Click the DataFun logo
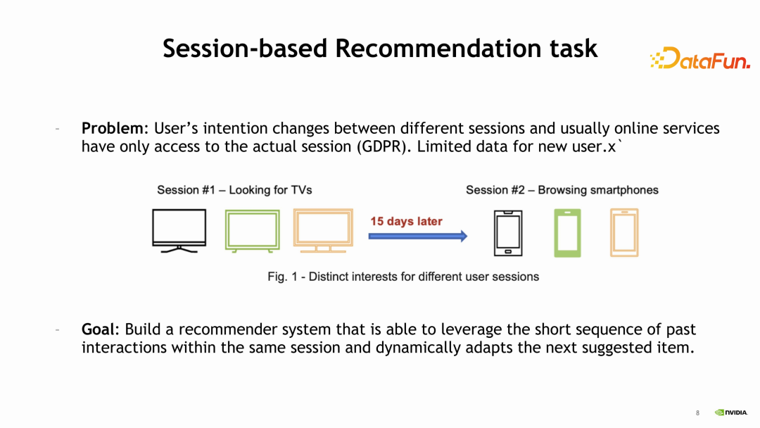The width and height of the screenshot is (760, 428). click(699, 59)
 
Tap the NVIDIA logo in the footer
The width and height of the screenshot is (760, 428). click(731, 413)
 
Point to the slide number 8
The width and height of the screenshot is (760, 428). click(697, 413)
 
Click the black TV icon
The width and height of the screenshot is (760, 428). click(179, 230)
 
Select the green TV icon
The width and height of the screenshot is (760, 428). click(251, 230)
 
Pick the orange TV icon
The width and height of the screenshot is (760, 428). click(322, 230)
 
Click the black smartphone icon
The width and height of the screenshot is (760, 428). click(507, 233)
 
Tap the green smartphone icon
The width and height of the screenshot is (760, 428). click(566, 233)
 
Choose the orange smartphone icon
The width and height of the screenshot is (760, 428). click(623, 233)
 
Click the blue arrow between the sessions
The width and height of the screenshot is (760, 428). click(418, 237)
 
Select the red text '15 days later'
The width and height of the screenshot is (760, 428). click(406, 221)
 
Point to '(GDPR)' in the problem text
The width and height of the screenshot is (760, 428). click(381, 147)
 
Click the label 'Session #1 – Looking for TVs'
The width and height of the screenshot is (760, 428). click(234, 190)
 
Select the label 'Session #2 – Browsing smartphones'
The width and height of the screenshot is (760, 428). click(562, 190)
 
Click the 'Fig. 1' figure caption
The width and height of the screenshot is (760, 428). click(403, 277)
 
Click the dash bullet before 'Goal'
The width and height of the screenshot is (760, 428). click(58, 329)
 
